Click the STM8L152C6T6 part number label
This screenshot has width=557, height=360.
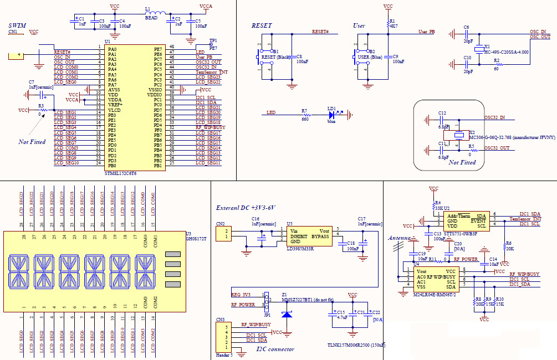coord(120,173)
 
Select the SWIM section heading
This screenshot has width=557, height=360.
coord(17,26)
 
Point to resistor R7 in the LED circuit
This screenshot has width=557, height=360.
coord(304,115)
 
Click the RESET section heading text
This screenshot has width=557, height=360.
coord(262,26)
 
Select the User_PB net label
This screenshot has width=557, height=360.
coord(426,32)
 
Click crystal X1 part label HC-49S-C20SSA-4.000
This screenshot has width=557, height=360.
coord(506,52)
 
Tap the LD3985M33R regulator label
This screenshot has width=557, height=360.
coord(300,249)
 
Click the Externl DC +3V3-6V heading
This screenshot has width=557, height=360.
coord(245,208)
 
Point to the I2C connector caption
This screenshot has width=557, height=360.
coord(275,349)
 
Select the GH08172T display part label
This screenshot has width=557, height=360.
coord(196,238)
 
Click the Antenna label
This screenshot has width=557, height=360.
coord(398,238)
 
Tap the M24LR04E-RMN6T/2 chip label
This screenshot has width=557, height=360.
coord(434,295)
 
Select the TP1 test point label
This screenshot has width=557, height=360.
coord(213,41)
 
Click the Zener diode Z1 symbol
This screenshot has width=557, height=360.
coord(287,313)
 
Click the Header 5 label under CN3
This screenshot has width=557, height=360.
coord(224,355)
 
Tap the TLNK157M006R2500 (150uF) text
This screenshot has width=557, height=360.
coord(356,345)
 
